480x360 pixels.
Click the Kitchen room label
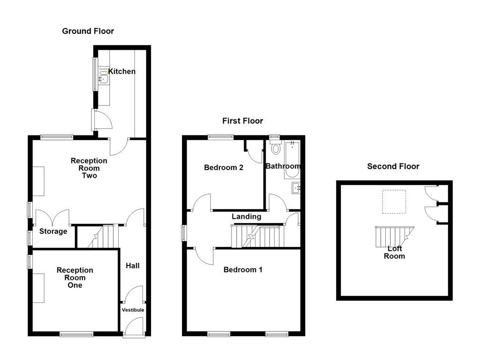pyautogui.click(x=122, y=71)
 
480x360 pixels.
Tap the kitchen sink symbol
pyautogui.click(x=103, y=76)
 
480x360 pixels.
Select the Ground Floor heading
pyautogui.click(x=88, y=31)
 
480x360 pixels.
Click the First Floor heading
pyautogui.click(x=242, y=121)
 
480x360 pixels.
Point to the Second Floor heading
pyautogui.click(x=393, y=166)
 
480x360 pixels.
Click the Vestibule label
pyautogui.click(x=133, y=310)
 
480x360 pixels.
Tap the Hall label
pyautogui.click(x=133, y=266)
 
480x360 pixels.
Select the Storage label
pyautogui.click(x=53, y=232)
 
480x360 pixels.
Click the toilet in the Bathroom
pyautogui.click(x=276, y=149)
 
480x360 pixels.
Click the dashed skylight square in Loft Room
pyautogui.click(x=393, y=202)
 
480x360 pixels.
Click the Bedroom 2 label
pyautogui.click(x=224, y=167)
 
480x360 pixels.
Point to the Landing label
pyautogui.click(x=247, y=217)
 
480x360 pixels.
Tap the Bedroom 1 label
pyautogui.click(x=243, y=270)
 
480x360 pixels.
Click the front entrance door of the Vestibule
pyautogui.click(x=133, y=326)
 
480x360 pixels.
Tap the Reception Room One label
pyautogui.click(x=75, y=277)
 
